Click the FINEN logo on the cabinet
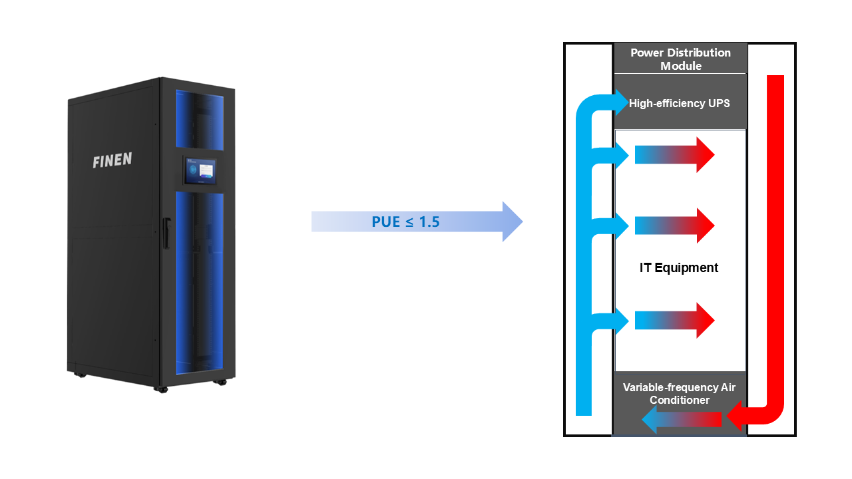(112, 160)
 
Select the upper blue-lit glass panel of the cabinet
(200, 118)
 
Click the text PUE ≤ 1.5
(405, 222)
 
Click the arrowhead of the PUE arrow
(511, 222)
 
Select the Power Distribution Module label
(680, 59)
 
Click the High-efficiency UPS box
(680, 103)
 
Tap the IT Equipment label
(679, 268)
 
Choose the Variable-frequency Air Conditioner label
(679, 394)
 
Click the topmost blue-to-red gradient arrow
(674, 155)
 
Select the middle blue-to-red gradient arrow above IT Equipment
(674, 226)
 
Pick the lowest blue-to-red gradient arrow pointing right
(674, 321)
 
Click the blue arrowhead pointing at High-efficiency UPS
(620, 103)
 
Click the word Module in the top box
(680, 65)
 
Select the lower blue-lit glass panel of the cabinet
(200, 286)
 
